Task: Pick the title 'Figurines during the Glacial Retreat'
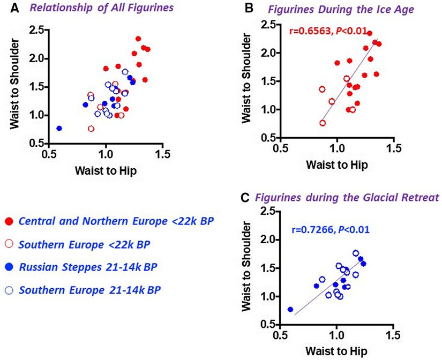(x=348, y=198)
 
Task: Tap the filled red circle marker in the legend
(x=9, y=221)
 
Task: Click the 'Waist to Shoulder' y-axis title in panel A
(x=16, y=88)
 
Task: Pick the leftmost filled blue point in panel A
(x=59, y=129)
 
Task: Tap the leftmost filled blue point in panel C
(x=290, y=309)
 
